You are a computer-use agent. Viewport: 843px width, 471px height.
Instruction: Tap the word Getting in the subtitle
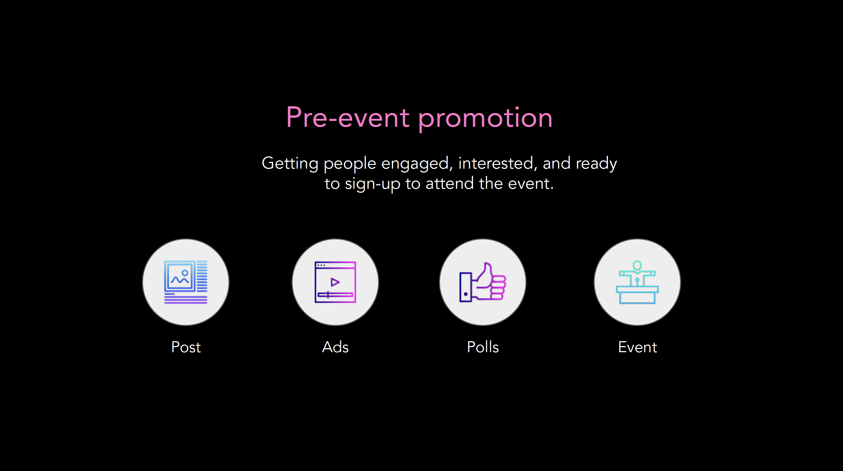coord(290,164)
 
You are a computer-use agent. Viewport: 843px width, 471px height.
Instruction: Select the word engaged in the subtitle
coord(417,164)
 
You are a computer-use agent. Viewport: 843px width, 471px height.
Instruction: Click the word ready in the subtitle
coord(596,164)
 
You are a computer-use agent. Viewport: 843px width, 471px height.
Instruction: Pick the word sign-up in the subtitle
coord(372,184)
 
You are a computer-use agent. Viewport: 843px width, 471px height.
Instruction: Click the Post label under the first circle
coord(186,347)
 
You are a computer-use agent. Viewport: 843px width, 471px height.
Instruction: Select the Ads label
coord(335,347)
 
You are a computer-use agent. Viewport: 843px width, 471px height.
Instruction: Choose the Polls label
coord(483,347)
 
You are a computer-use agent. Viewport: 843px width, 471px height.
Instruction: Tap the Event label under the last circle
coord(638,347)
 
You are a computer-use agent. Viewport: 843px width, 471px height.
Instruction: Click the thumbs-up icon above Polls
coord(483,282)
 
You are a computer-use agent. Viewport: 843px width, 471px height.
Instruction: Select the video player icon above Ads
coord(335,282)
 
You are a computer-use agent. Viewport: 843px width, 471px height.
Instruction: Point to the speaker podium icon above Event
coord(637,282)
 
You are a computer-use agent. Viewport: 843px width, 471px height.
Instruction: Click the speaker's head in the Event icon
coord(637,265)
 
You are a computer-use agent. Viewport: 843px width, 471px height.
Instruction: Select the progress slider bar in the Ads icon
coord(335,295)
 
